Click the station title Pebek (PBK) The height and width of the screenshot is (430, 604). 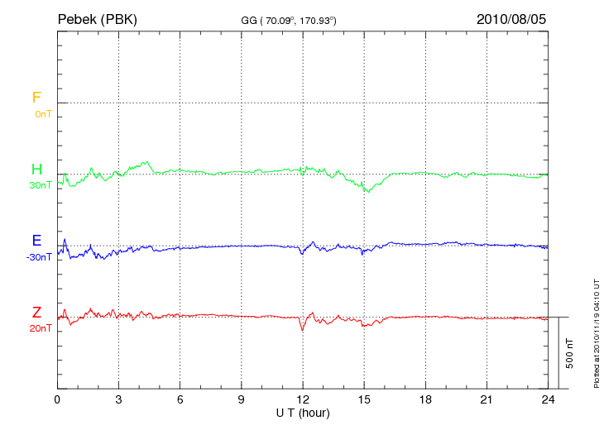(97, 18)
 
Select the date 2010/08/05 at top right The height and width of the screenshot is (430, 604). (511, 18)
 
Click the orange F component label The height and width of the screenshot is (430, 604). (36, 98)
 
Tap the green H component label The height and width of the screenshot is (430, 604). (36, 170)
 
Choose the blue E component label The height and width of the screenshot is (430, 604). (36, 241)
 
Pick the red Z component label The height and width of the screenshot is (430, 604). (36, 313)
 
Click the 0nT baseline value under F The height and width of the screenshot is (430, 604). (42, 113)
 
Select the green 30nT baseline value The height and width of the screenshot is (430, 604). (41, 185)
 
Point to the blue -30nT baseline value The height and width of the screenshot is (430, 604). (39, 257)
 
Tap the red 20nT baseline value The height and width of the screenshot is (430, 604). (41, 328)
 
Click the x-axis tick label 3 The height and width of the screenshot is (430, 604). (118, 399)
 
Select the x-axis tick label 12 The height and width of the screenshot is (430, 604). (303, 399)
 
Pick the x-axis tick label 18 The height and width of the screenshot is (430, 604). (425, 399)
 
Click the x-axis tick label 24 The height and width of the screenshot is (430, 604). (548, 399)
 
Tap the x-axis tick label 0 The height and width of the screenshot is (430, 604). (57, 399)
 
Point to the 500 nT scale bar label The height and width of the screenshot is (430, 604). (569, 353)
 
